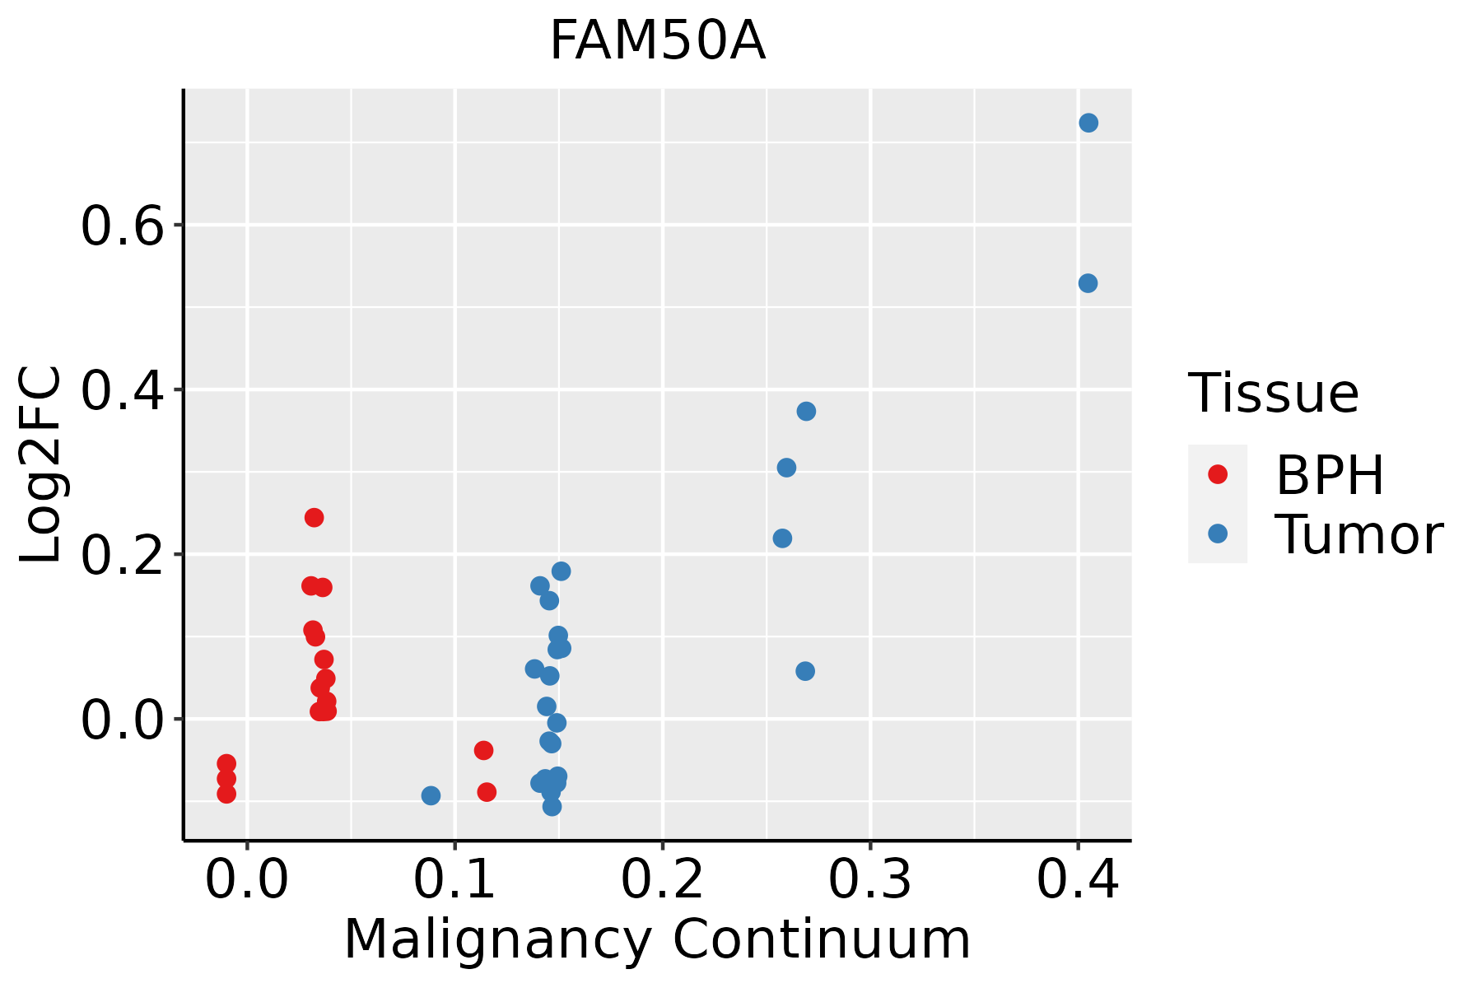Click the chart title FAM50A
657,41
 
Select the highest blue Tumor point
1088,123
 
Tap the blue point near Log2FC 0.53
1088,283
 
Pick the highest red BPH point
314,517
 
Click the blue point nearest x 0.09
431,795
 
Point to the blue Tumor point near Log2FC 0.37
806,411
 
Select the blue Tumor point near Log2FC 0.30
786,468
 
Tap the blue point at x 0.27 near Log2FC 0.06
805,671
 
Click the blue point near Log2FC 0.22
782,538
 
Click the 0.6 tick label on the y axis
123,226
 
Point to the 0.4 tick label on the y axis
123,390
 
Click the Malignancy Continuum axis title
657,939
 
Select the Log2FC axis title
41,465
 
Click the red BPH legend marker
1218,474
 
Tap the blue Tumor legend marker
1218,534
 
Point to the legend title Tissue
1274,394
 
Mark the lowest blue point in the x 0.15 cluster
552,806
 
